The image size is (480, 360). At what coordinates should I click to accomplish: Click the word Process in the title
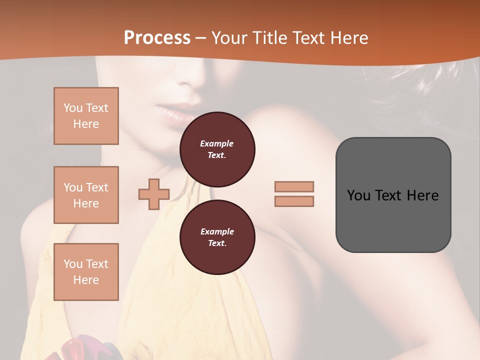click(157, 38)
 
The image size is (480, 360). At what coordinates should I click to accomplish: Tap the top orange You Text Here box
click(86, 116)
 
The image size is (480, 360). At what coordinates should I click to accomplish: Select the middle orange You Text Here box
click(86, 195)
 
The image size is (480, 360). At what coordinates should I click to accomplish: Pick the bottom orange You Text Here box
click(86, 272)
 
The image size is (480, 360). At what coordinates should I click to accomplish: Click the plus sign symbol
click(154, 194)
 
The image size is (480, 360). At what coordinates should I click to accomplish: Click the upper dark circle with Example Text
click(217, 149)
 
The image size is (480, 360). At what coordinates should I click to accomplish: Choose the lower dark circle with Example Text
click(217, 237)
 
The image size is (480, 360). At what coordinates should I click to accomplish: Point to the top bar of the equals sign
click(294, 187)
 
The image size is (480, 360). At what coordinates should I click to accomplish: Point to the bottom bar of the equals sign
click(294, 201)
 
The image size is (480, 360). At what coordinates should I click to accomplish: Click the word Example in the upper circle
click(217, 143)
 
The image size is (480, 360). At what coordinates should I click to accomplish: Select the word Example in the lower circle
click(217, 231)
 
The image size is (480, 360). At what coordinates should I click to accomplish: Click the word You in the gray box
click(358, 195)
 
